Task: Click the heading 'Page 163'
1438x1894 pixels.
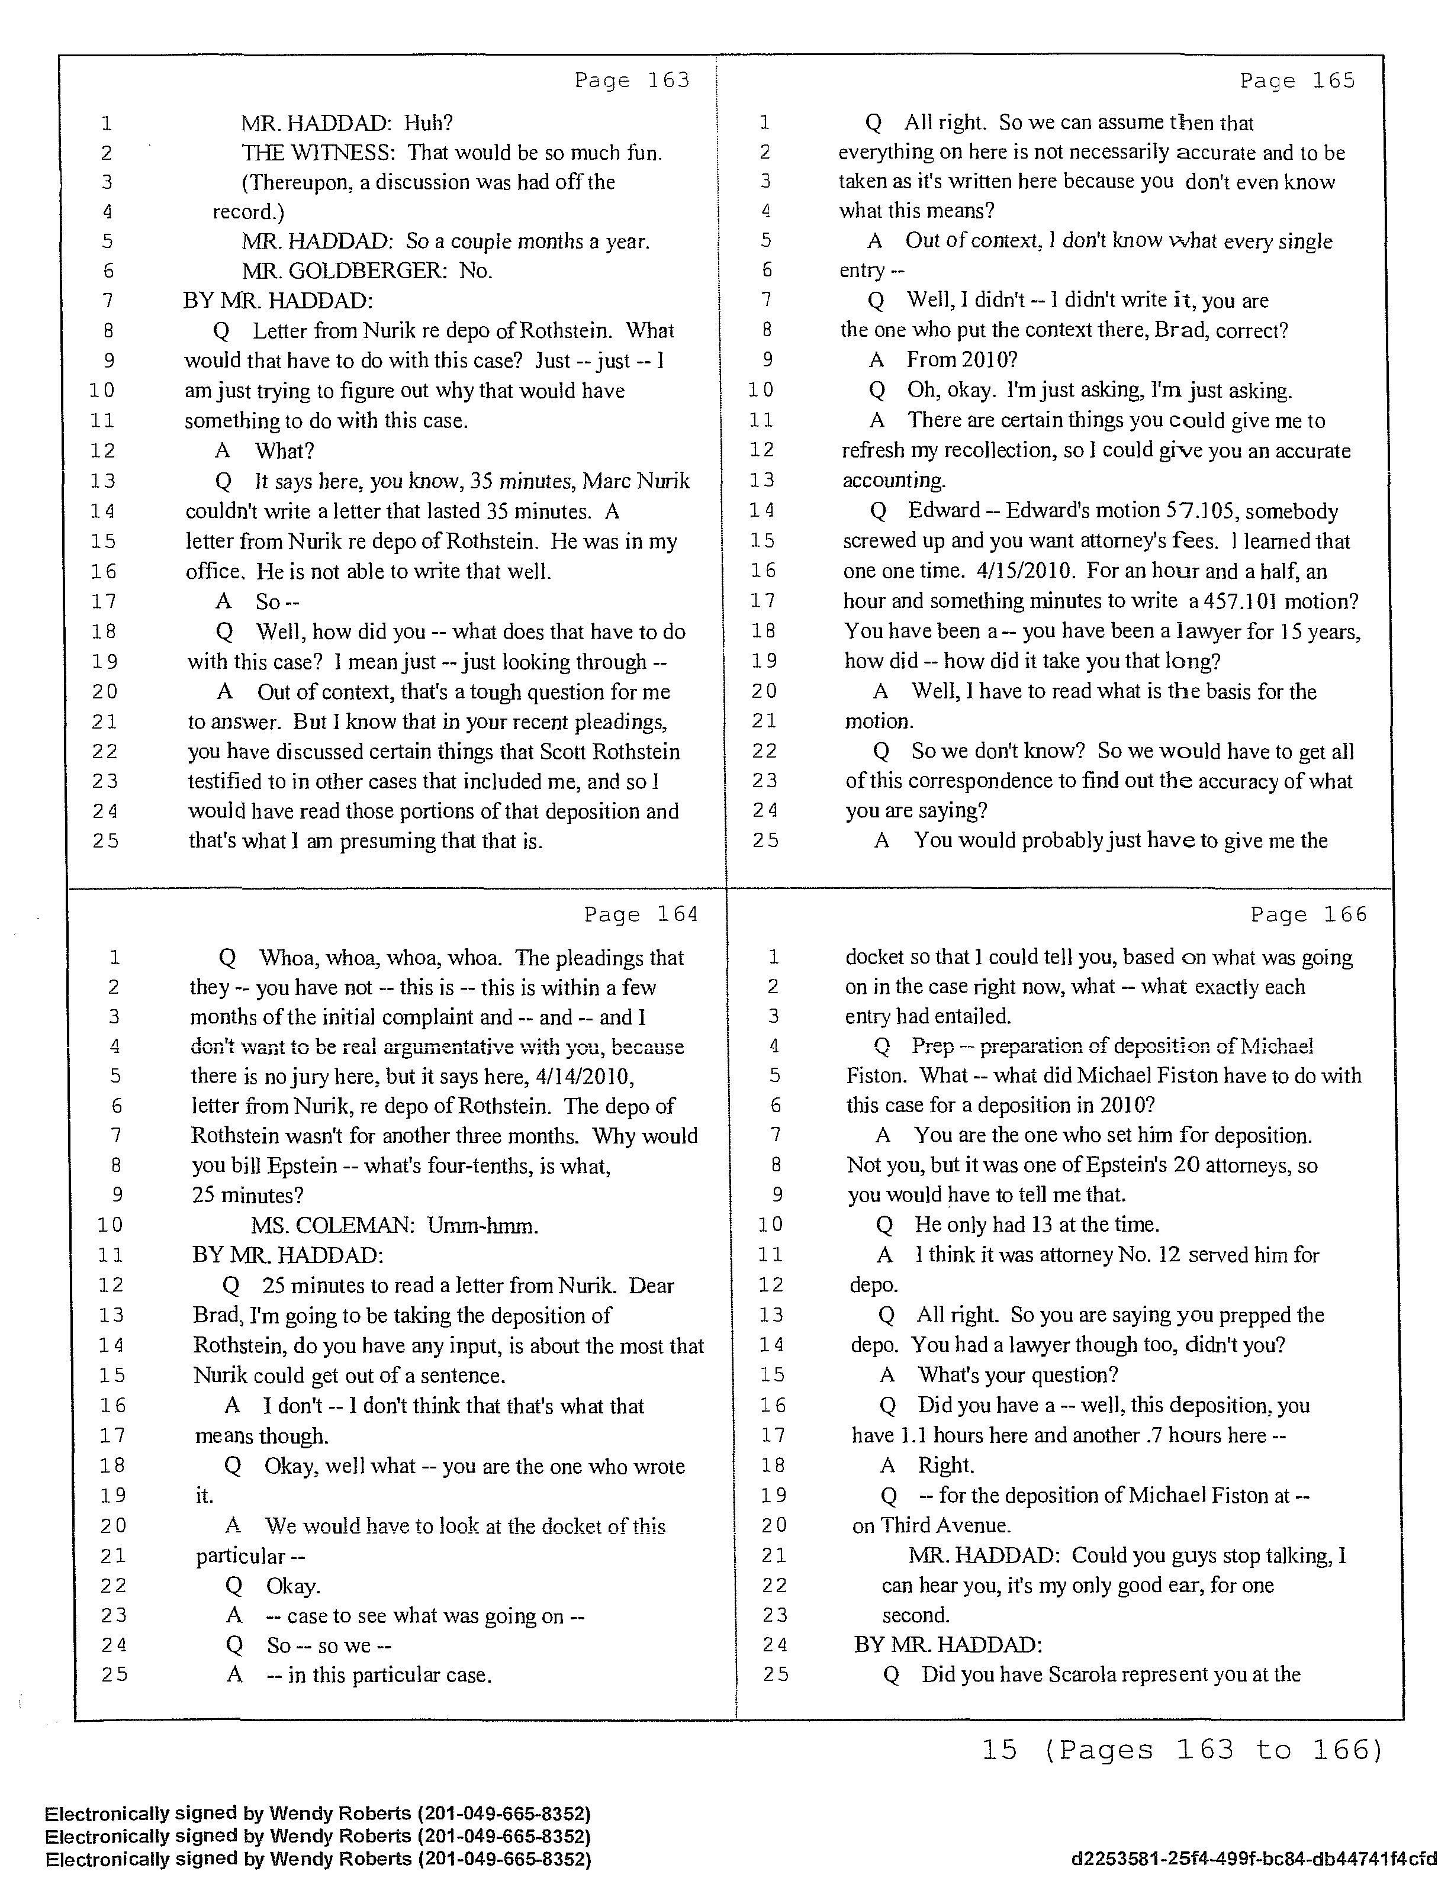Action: tap(632, 80)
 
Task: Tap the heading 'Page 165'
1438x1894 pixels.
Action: tap(1298, 80)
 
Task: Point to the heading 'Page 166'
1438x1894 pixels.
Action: tap(1309, 914)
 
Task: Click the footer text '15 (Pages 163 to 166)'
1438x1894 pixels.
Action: tap(1182, 1750)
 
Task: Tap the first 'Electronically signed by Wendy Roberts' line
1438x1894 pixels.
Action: tap(318, 1813)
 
